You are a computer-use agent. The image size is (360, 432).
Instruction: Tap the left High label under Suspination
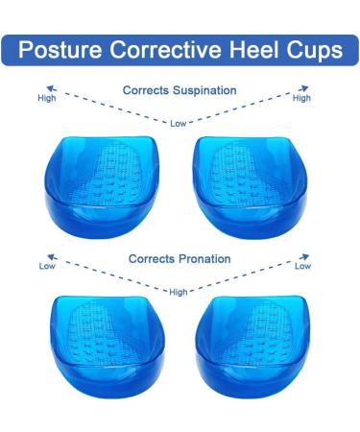(46, 98)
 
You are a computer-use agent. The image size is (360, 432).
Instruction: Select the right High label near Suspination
(301, 98)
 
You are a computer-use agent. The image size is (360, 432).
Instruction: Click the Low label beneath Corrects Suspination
(180, 122)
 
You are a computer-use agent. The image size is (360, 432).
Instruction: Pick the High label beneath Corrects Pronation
(179, 292)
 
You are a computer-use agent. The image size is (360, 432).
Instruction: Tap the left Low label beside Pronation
(47, 267)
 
